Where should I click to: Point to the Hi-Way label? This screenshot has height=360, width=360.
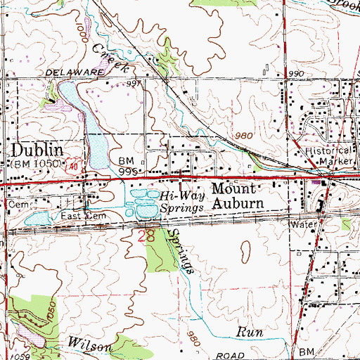coord(176,198)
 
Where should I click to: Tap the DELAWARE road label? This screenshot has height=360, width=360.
coord(70,73)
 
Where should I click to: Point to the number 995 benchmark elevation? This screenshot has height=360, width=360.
coord(127,172)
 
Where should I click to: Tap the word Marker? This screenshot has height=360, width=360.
coord(335,160)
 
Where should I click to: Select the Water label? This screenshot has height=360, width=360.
coord(303,224)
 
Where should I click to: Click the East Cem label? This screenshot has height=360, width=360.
coord(82,217)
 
